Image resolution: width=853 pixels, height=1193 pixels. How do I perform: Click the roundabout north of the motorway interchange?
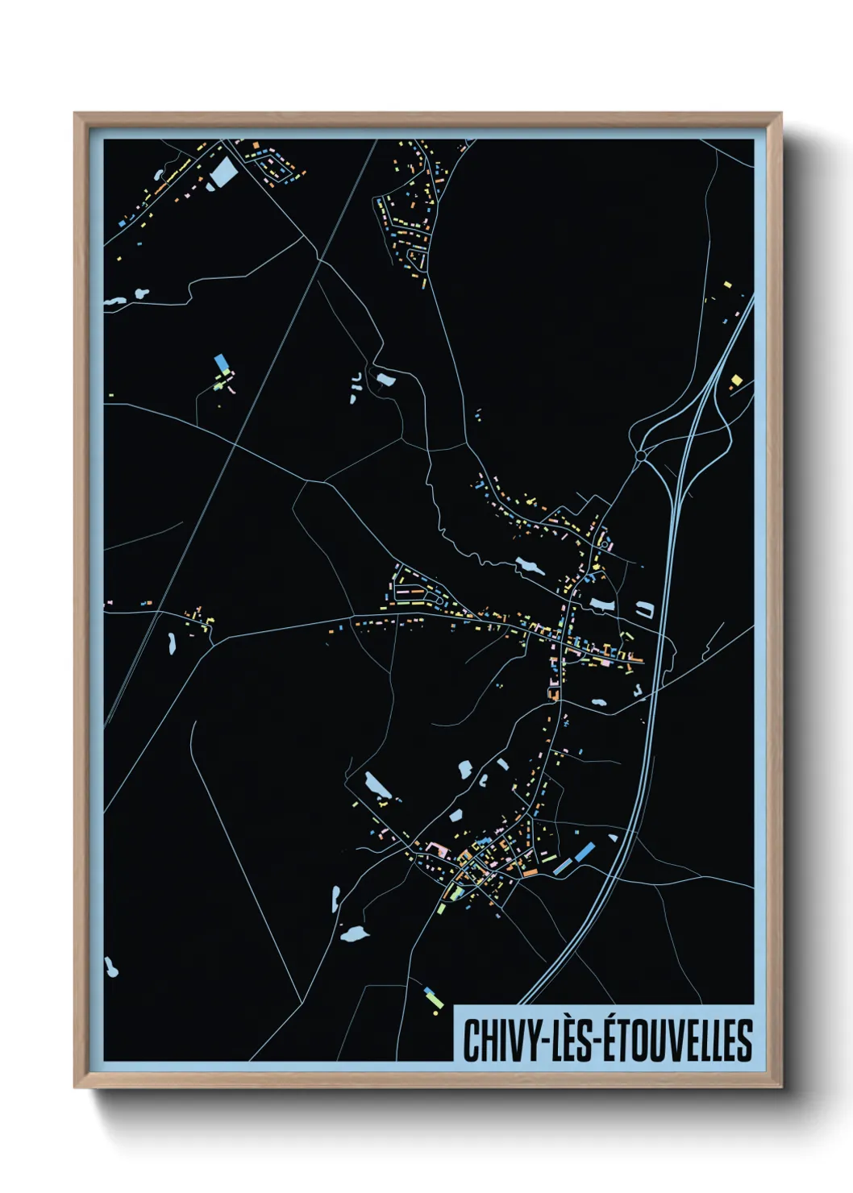click(640, 456)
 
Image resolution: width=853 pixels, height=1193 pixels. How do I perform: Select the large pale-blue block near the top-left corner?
click(223, 172)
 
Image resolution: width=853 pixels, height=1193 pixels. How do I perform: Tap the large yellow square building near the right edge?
click(735, 379)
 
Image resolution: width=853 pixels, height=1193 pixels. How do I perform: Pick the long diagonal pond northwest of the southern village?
click(377, 785)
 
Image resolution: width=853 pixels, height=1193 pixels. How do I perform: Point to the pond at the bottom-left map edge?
click(110, 967)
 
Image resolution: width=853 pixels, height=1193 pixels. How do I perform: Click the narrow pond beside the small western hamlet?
click(172, 642)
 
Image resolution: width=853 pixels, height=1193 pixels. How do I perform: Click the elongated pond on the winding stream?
click(530, 566)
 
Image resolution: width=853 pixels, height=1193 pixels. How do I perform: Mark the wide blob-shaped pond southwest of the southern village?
click(353, 933)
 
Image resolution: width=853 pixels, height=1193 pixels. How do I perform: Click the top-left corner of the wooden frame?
click(75, 114)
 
